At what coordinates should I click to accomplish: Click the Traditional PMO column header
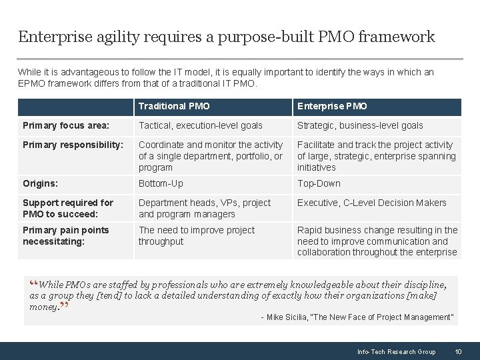click(x=174, y=106)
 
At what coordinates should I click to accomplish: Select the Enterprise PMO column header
click(x=332, y=106)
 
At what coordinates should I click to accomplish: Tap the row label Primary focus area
click(x=66, y=125)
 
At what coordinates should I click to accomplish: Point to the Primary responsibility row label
click(x=73, y=145)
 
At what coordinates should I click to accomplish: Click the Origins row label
click(x=40, y=183)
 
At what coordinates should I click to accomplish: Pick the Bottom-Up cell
click(x=161, y=183)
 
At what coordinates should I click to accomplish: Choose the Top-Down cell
click(x=319, y=183)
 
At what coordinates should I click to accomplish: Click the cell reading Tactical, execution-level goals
click(x=201, y=125)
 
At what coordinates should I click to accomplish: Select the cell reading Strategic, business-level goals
click(x=360, y=125)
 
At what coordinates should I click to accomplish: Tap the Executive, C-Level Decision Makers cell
click(x=372, y=203)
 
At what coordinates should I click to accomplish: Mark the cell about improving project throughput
click(x=197, y=235)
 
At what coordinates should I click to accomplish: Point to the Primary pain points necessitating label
click(x=65, y=235)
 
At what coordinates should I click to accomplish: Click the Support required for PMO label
click(x=68, y=208)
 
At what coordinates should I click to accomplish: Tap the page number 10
click(x=458, y=351)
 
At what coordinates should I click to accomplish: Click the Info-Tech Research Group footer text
click(x=396, y=351)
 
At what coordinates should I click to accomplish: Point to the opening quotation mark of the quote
click(x=33, y=285)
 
